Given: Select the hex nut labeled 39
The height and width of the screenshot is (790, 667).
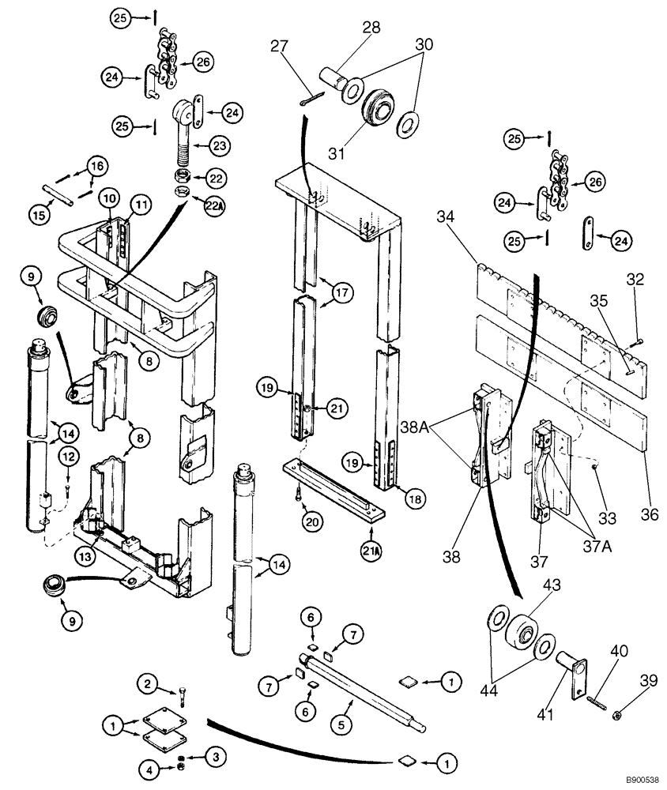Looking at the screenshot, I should coord(616,714).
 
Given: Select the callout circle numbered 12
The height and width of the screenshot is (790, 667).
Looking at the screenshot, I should coord(68,456).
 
